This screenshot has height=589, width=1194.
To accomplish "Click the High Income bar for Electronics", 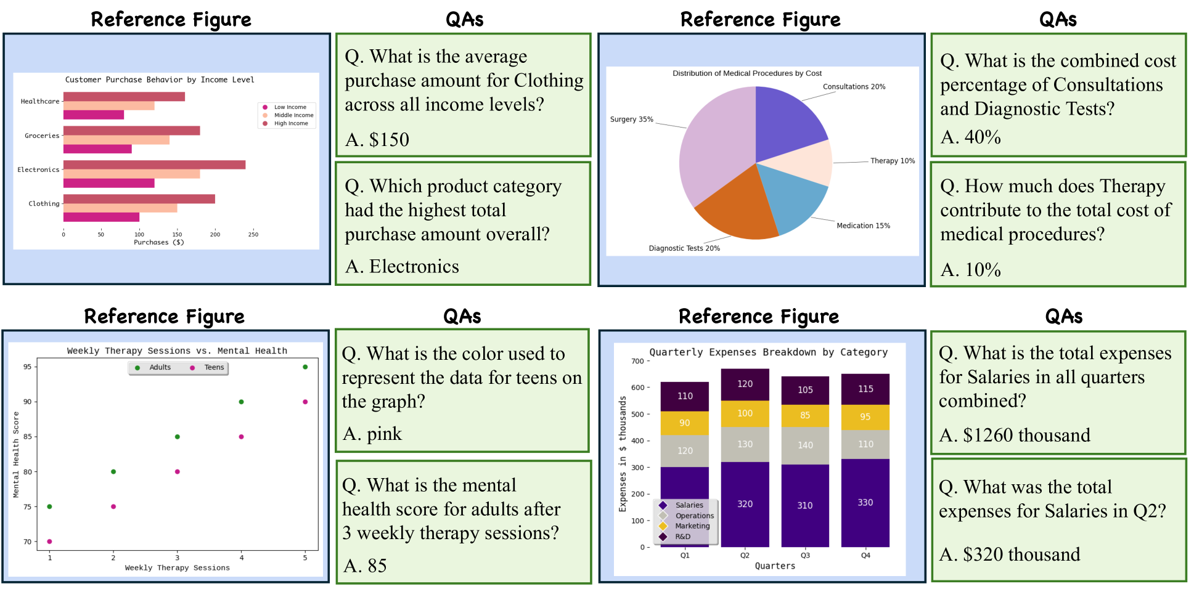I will (x=154, y=165).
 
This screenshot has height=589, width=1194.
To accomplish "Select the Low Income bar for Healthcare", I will (x=93, y=115).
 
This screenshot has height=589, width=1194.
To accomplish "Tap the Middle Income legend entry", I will (x=293, y=115).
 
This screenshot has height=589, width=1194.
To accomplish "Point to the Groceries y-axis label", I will (x=42, y=136).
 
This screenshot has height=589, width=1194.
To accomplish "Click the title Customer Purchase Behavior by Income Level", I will (x=160, y=79).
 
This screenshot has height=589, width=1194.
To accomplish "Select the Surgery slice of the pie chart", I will (x=715, y=148).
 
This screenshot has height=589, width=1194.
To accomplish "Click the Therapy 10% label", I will (x=892, y=161).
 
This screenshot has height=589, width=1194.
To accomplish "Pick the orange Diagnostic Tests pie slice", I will (x=737, y=209).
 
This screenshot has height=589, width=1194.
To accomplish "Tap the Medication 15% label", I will (x=863, y=225).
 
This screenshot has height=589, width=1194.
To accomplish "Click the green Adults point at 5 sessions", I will (x=305, y=367).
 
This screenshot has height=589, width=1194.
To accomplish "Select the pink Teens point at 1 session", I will (x=49, y=542).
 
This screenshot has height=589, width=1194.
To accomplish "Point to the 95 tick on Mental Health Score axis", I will (x=27, y=367).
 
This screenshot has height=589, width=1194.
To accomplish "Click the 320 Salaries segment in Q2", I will (x=745, y=504).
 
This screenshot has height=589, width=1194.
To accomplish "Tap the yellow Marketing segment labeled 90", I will (x=684, y=423).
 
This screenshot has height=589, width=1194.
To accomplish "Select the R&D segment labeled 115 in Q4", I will (x=865, y=389).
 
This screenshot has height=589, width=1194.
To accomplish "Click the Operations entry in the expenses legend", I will (x=694, y=516).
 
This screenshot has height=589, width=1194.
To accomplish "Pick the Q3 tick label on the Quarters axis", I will (x=805, y=555).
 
